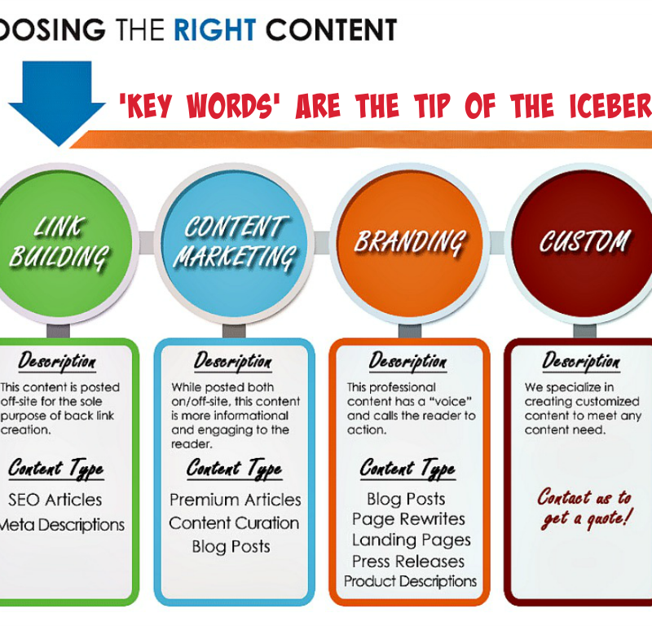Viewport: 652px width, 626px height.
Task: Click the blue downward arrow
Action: pos(57,102)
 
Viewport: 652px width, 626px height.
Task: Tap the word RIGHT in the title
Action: pos(214,30)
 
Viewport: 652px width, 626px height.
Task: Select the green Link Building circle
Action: pos(60,244)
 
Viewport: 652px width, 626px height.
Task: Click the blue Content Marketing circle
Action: pos(235,244)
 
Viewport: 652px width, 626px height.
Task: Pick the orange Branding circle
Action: pos(410,244)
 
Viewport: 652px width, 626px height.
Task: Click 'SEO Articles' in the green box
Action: pos(55,500)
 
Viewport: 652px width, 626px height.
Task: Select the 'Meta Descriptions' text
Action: pos(62,525)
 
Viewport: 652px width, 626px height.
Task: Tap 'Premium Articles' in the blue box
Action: pos(236,500)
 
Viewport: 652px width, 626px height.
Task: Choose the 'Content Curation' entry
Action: pos(234,523)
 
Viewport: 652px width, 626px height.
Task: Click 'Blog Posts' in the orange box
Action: pos(406,499)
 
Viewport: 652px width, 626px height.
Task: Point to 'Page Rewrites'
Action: pos(409,519)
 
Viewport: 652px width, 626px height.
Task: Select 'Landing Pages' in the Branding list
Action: pos(412,540)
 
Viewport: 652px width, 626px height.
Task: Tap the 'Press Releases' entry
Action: pos(408,562)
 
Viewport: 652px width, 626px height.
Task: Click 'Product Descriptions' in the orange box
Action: pos(411,581)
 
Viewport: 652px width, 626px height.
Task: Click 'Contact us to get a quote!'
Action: pos(585,509)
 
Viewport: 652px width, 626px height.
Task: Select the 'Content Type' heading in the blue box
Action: pos(235,469)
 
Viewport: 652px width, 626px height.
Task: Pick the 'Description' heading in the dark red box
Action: pos(581,361)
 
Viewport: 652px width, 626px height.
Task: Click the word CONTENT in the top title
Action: pos(331,30)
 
